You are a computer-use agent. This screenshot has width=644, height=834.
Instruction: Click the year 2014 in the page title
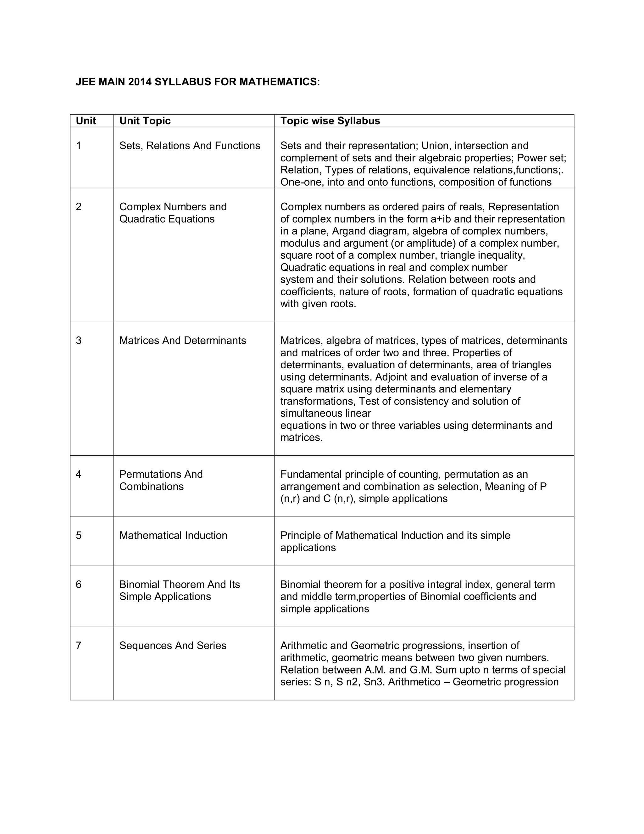(x=140, y=82)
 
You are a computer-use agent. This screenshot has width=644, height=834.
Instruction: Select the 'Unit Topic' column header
(x=145, y=121)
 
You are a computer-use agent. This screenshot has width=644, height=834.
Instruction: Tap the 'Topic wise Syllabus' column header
(x=330, y=121)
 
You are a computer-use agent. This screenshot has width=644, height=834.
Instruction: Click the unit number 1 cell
(x=79, y=146)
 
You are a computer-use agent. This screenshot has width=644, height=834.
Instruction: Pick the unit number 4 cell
(x=79, y=474)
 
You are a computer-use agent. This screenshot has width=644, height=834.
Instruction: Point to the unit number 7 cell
(x=79, y=645)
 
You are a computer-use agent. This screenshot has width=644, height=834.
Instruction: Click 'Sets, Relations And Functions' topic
(x=190, y=146)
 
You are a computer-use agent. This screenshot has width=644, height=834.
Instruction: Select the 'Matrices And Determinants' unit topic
(x=182, y=341)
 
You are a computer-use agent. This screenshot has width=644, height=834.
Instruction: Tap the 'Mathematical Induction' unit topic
(x=173, y=535)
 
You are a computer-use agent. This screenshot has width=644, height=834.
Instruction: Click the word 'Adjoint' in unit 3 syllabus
(x=391, y=377)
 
